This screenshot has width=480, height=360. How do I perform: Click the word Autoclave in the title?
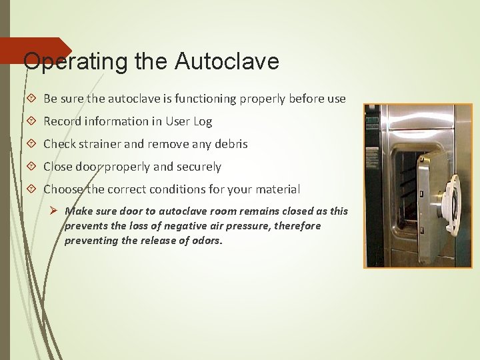click(x=227, y=62)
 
